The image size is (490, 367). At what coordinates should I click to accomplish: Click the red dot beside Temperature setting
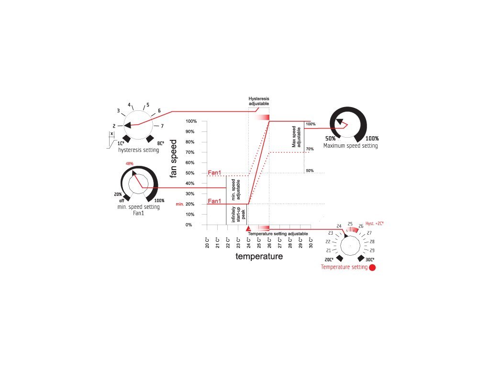point(372,268)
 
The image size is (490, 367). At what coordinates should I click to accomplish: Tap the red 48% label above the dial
point(130,163)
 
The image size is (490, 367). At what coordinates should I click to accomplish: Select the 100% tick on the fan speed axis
point(191,121)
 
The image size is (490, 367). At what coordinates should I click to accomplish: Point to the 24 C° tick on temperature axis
point(249,244)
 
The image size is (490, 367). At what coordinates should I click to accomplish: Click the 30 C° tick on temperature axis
point(311,244)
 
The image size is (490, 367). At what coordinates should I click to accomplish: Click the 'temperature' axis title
point(259,257)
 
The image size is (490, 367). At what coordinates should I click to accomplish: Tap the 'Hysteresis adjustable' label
point(259,101)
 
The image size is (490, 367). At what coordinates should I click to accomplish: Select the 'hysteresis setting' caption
point(139,150)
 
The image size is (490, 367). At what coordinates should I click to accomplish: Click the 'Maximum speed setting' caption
point(350,146)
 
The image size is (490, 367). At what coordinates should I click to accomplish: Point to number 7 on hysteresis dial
point(162,126)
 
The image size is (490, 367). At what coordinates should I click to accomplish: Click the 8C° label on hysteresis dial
point(161,143)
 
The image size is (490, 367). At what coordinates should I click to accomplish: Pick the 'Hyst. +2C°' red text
point(375,223)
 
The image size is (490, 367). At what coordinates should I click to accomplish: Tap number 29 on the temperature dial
point(372,250)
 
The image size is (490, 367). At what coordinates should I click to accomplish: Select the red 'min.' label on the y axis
point(180,204)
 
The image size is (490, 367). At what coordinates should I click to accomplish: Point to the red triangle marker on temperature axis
point(248,229)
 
